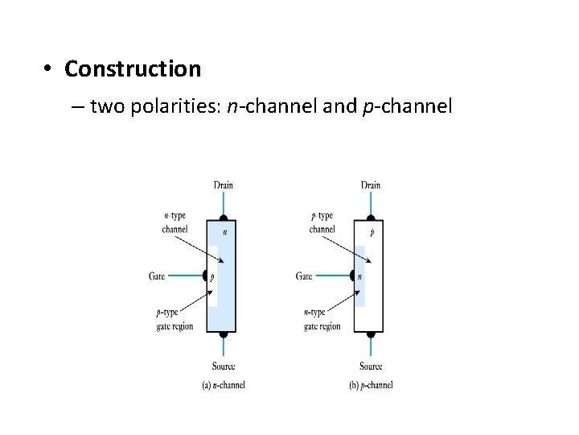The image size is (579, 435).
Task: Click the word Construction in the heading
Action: pyautogui.click(x=133, y=69)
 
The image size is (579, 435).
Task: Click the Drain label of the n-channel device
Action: pyautogui.click(x=224, y=185)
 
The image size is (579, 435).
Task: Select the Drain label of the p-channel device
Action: pyautogui.click(x=371, y=185)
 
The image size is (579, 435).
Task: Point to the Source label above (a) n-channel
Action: pyautogui.click(x=224, y=367)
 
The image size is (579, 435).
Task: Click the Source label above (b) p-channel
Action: pyautogui.click(x=371, y=367)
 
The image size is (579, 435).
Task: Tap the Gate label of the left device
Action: pyautogui.click(x=157, y=276)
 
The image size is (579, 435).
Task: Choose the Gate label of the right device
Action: pyautogui.click(x=304, y=276)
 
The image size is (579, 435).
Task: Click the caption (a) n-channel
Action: pyautogui.click(x=223, y=385)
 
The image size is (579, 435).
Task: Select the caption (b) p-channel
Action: pyautogui.click(x=371, y=385)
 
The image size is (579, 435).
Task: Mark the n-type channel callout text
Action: pyautogui.click(x=175, y=222)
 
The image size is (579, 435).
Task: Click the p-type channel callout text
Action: pyautogui.click(x=322, y=222)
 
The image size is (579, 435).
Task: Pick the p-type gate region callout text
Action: pyautogui.click(x=175, y=319)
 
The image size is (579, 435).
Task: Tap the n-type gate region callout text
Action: pyautogui.click(x=322, y=319)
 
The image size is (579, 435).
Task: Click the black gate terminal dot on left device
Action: pyautogui.click(x=206, y=275)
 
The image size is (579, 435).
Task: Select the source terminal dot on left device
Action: pyautogui.click(x=224, y=333)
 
